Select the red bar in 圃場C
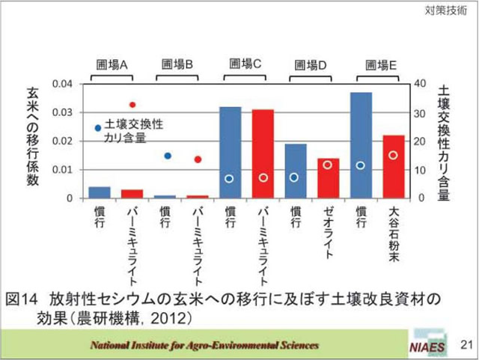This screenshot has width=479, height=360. [x=263, y=153]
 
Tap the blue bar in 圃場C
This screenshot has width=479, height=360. [x=230, y=153]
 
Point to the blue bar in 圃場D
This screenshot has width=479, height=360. [x=296, y=171]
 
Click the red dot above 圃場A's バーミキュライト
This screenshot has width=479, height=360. [x=132, y=105]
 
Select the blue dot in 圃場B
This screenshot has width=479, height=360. [x=168, y=156]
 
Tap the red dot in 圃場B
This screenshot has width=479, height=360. [x=198, y=159]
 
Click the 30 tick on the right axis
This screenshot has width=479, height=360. [x=421, y=112]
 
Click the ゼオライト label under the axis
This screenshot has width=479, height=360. [x=328, y=232]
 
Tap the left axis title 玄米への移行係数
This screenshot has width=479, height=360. [x=33, y=138]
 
